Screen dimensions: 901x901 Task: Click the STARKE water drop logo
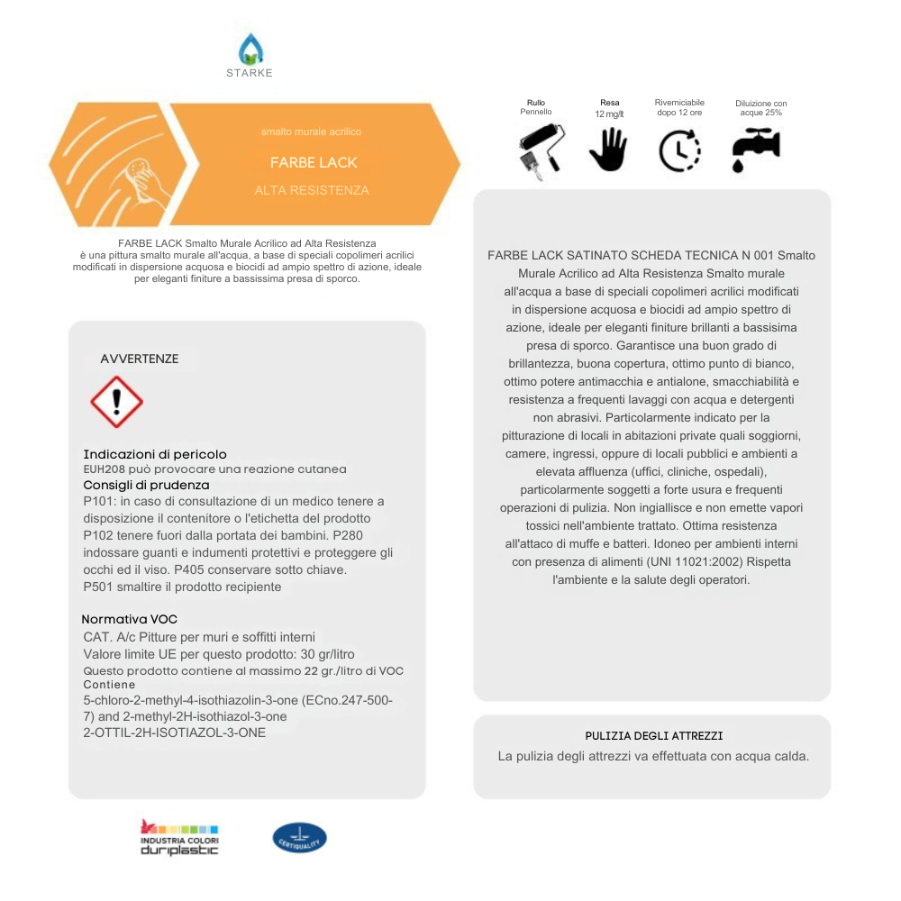pos(250,50)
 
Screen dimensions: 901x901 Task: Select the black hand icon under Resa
pos(608,150)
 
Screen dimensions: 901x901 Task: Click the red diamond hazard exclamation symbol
pos(117,402)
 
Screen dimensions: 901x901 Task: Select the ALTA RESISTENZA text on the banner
pos(312,191)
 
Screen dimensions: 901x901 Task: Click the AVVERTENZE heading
pos(140,359)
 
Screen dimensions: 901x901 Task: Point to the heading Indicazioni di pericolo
pos(155,454)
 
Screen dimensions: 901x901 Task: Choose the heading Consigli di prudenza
pos(146,485)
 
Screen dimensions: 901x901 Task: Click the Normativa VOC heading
pos(130,620)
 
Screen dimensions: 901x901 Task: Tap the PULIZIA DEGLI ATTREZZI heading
pos(653,736)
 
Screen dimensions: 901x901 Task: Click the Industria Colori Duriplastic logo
pos(179,838)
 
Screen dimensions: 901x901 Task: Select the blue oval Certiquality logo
pos(299,838)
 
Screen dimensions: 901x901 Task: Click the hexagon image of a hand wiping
pos(117,164)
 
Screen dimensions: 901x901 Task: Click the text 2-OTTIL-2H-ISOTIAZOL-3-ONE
pos(174,733)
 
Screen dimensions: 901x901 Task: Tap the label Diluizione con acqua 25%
pos(760,108)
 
